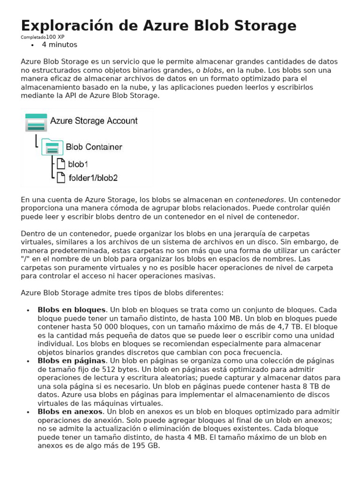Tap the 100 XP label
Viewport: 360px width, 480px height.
[55, 37]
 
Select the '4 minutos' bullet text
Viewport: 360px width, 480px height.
[60, 45]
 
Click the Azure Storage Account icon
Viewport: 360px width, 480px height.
[36, 122]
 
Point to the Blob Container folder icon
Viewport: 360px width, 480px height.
[52, 147]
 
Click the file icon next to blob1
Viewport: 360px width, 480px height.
[60, 164]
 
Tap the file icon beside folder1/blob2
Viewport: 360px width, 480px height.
[60, 177]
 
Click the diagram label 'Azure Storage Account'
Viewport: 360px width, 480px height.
[94, 121]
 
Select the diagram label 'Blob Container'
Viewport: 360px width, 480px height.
[94, 147]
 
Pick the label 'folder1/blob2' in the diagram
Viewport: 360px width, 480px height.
[93, 178]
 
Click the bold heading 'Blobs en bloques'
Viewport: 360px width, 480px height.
[71, 310]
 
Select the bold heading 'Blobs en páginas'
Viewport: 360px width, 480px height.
[71, 361]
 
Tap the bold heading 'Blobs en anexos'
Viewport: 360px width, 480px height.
[70, 412]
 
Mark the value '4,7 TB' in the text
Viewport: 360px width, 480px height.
[289, 327]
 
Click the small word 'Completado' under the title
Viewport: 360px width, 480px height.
[33, 37]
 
